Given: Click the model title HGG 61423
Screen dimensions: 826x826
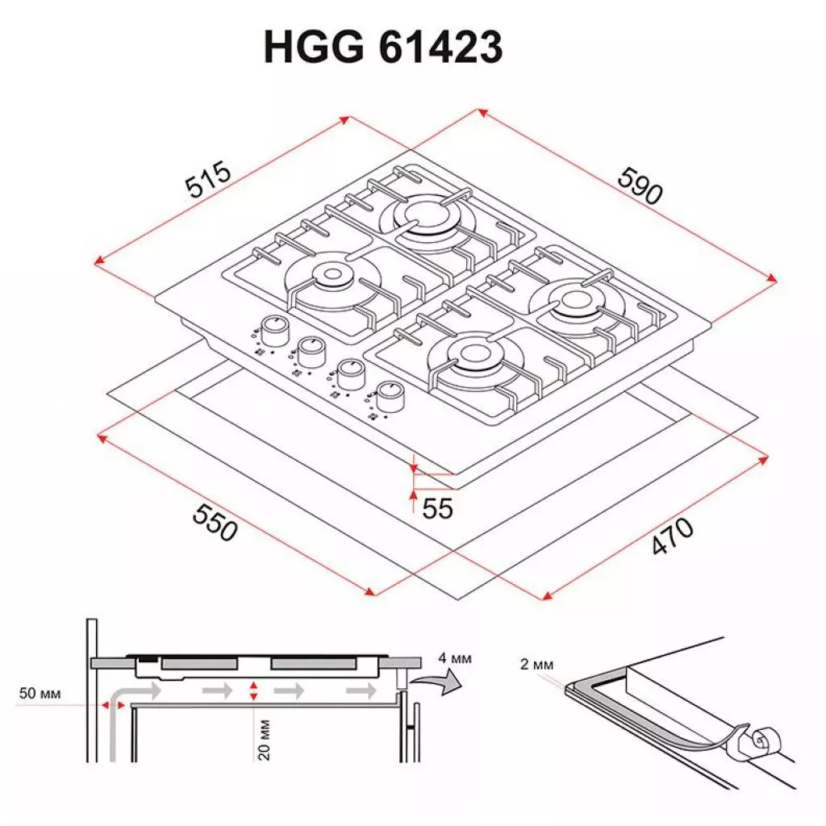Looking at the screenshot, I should (383, 48).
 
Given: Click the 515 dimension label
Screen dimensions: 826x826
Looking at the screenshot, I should (209, 181).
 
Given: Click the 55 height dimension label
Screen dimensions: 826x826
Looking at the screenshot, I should (437, 509).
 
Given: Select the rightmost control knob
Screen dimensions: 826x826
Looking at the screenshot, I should (391, 393).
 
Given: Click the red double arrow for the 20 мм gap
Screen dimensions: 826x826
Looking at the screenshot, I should (254, 690).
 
